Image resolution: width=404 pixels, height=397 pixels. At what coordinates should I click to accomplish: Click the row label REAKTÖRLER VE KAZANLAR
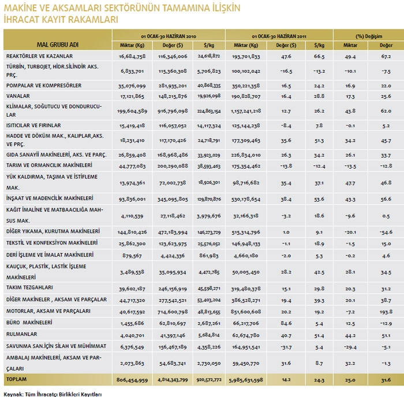tap(39, 56)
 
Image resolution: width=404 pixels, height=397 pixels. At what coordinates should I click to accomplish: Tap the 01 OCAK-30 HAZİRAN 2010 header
tap(169, 34)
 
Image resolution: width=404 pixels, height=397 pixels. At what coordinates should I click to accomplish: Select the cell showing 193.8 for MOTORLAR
tap(386, 311)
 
